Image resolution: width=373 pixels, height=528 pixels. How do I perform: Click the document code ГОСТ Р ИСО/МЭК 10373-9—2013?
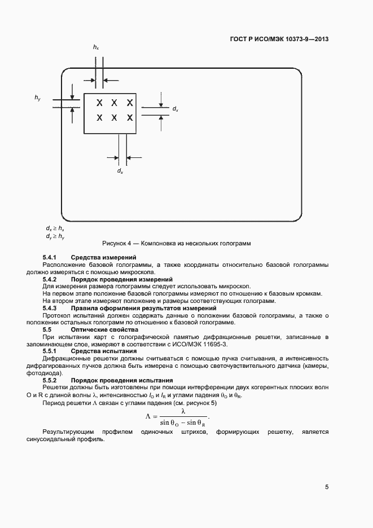tap(279, 39)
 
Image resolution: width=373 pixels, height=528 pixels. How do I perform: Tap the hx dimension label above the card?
tap(96, 49)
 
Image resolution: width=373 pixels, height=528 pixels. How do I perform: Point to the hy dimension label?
tap(37, 99)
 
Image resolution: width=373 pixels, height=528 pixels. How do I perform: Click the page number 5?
tap(327, 487)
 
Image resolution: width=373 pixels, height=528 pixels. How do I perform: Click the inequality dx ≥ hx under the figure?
tap(55, 228)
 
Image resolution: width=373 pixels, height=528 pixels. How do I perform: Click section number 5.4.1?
tap(51, 257)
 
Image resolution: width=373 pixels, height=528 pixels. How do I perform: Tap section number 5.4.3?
tap(51, 309)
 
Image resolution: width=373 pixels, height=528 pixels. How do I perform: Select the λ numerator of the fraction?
tap(183, 411)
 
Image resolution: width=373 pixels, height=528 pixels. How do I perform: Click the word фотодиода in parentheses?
tap(58, 373)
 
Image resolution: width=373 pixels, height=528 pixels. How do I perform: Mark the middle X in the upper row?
tap(114, 103)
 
